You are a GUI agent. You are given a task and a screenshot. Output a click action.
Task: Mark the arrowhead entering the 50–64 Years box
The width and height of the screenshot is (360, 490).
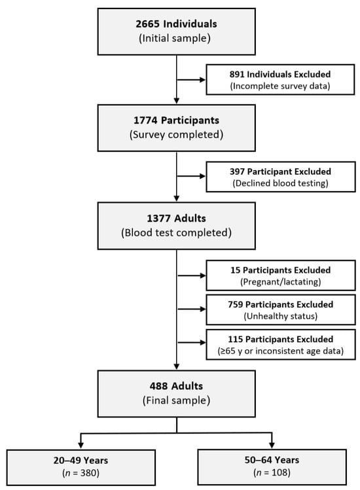272,445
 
